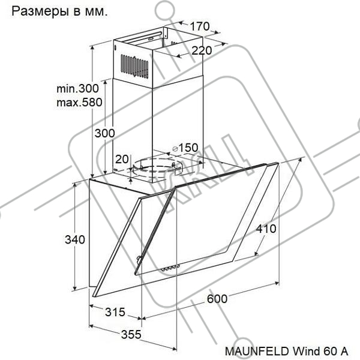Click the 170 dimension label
click(x=200, y=26)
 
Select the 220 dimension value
click(x=202, y=50)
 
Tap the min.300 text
click(x=77, y=88)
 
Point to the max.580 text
click(x=79, y=102)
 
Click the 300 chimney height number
click(x=104, y=133)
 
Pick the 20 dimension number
click(x=122, y=159)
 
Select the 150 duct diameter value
click(x=188, y=148)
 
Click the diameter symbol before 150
click(x=175, y=149)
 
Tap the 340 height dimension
click(x=75, y=239)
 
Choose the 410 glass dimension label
click(x=266, y=229)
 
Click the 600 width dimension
click(x=217, y=299)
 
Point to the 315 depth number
click(x=115, y=312)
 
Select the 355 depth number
click(x=131, y=334)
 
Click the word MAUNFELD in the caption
click(x=257, y=351)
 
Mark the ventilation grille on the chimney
click(x=134, y=67)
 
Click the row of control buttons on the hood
click(x=170, y=268)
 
